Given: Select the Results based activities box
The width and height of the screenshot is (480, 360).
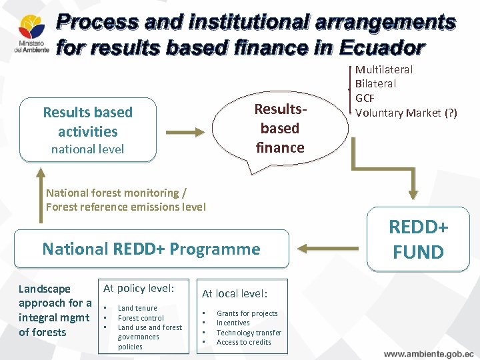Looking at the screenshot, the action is pos(88,130).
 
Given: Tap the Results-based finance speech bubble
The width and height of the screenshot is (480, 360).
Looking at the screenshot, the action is pos(280,128).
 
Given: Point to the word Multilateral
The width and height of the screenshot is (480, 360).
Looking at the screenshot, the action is pos(383,69).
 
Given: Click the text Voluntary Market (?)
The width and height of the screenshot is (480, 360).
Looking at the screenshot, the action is pos(406,113).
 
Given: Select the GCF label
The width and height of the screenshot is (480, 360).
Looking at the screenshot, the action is pos(366,98).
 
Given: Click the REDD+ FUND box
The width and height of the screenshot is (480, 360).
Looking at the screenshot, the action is pos(418,239).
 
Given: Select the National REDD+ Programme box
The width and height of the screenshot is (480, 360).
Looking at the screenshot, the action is pos(151,249).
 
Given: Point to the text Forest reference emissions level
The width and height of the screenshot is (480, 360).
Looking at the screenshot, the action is pos(125,207).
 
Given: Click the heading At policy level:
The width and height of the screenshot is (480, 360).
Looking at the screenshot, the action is pos(139,288).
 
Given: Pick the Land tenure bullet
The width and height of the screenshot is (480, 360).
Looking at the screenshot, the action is pos(137,308).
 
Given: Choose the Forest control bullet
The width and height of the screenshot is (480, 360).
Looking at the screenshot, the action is pos(141,318).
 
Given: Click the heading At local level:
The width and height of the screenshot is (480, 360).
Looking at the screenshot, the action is pos(235,293).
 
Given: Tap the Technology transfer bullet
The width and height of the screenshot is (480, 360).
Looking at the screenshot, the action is pos(249,333).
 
